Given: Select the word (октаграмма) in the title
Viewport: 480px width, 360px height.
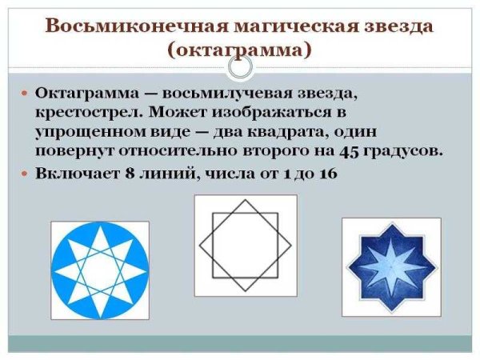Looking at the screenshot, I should point(240,50).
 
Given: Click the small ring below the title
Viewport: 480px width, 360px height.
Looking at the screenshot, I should point(240,67).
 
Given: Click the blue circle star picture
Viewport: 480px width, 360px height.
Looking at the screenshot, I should point(100,270).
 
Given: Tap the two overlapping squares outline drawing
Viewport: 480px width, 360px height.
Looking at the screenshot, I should point(245,245).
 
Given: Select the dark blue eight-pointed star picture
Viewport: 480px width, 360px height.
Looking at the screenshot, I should point(392,266).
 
